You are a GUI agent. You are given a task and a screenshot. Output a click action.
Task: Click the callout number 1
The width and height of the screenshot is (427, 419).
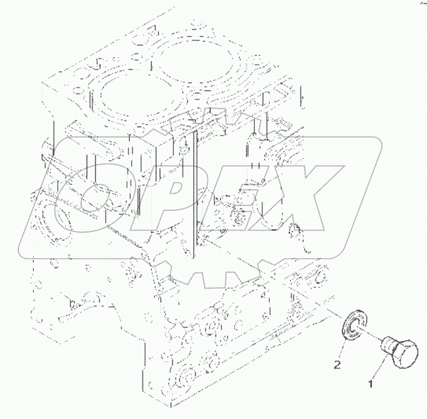tap(371, 384)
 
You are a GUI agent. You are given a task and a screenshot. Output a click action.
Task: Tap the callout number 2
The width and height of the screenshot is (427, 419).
tap(337, 365)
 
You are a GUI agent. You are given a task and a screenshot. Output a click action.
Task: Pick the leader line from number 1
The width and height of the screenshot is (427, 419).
tap(380, 366)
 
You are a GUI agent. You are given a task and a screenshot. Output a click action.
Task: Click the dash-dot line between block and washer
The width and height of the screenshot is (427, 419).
tap(334, 313)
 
